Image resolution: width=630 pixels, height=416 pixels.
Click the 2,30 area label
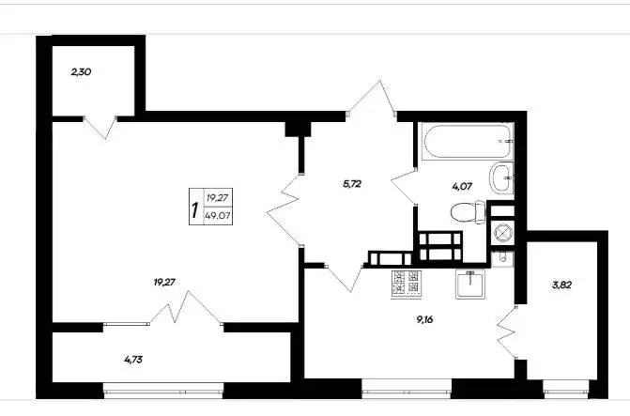(81, 72)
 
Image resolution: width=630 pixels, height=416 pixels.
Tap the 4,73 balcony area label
(133, 360)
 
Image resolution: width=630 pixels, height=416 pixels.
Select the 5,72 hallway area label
(352, 184)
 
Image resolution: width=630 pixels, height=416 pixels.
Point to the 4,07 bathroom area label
(462, 187)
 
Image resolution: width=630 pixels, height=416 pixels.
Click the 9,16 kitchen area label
(424, 320)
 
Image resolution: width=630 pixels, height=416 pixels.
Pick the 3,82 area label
(561, 285)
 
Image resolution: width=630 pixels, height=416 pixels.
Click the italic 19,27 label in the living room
(164, 283)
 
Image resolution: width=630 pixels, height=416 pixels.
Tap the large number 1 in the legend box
(195, 209)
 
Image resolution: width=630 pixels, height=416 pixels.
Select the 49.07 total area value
(218, 215)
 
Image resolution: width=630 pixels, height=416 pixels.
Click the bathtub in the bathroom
(466, 142)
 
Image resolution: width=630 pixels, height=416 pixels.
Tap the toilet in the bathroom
(469, 212)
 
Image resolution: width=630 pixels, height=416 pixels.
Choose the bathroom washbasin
(501, 177)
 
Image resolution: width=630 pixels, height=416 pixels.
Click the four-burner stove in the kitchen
(407, 285)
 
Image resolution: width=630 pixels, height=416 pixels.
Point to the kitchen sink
(470, 284)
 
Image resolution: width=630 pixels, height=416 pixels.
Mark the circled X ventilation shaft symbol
(502, 233)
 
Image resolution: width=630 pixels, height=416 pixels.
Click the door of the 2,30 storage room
(100, 127)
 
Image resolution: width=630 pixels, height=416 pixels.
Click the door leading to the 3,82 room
(507, 331)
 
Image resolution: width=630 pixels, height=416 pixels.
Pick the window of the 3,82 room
(566, 390)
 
